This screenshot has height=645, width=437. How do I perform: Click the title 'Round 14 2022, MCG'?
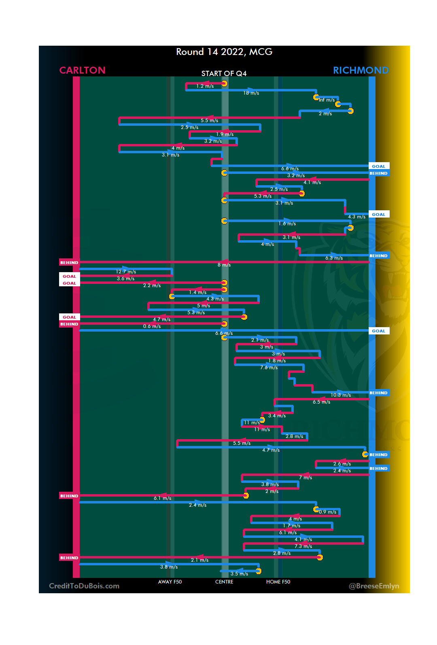[x=224, y=52]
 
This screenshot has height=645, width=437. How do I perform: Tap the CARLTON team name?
[x=82, y=70]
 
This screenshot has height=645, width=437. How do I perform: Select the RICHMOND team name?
[x=361, y=70]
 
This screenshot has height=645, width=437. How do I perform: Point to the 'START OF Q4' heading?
[x=224, y=74]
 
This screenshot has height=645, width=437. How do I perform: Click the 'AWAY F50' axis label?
[x=170, y=582]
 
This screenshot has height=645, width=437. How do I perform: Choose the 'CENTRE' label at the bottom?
[x=224, y=582]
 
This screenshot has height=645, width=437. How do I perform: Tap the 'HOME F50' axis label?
[x=278, y=582]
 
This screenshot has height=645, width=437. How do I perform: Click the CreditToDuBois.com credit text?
[x=84, y=586]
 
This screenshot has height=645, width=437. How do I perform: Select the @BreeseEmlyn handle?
[x=374, y=586]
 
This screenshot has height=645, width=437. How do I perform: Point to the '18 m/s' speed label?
[x=251, y=93]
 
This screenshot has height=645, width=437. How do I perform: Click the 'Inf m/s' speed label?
[x=327, y=100]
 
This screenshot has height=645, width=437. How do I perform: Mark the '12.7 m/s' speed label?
[x=126, y=272]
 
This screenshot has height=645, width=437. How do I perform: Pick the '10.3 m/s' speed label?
[x=341, y=395]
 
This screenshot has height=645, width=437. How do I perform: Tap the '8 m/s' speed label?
[x=224, y=265]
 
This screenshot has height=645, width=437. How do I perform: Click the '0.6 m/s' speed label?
[x=152, y=326]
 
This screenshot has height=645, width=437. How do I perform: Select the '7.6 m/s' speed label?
[x=269, y=368]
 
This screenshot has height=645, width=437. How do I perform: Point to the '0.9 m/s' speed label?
[x=327, y=512]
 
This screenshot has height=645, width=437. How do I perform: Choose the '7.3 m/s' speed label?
[x=303, y=546]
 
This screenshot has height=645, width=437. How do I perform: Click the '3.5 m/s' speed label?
[x=239, y=574]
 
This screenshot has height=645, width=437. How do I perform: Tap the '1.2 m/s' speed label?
[x=205, y=86]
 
